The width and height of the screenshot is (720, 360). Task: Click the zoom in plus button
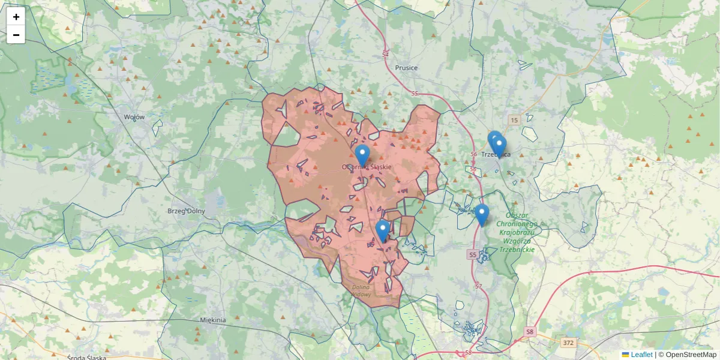click(x=16, y=17)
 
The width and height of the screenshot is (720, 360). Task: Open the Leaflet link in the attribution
click(x=641, y=355)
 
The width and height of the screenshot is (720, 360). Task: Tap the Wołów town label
click(x=134, y=117)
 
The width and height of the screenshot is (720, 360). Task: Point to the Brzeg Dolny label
click(x=186, y=211)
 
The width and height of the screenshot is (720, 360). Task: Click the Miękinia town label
click(x=213, y=320)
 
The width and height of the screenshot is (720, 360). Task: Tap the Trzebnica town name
click(x=496, y=154)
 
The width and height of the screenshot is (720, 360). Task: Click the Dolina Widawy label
click(x=361, y=291)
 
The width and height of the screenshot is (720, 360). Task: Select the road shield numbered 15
click(x=514, y=121)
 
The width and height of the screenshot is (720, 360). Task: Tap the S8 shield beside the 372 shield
click(x=529, y=331)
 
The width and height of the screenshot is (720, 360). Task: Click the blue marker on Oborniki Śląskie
click(x=362, y=155)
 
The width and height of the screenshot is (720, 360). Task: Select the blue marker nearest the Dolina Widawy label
click(x=383, y=230)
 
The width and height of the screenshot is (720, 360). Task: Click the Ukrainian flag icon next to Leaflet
click(x=625, y=355)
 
